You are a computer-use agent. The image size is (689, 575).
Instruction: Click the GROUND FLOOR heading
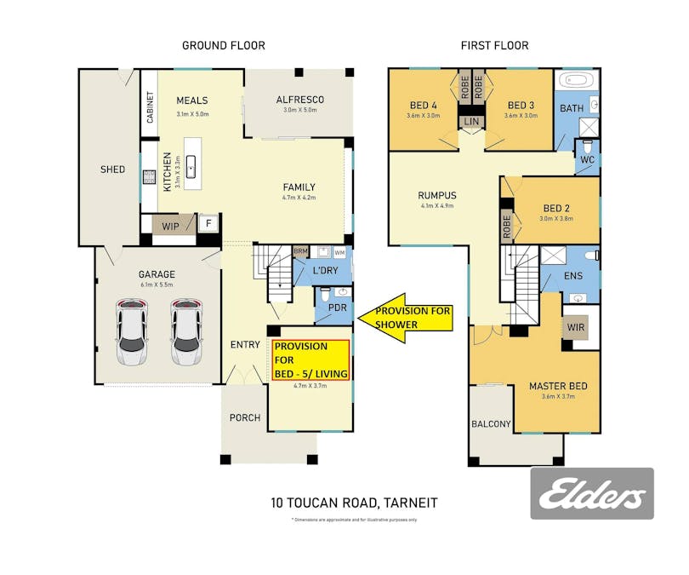click(x=224, y=45)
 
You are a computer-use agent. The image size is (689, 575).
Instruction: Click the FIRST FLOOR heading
click(x=495, y=45)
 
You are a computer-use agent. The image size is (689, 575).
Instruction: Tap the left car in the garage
click(x=132, y=331)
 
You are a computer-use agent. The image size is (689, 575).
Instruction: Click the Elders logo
click(x=592, y=494)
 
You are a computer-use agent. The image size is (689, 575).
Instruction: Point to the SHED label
click(x=112, y=170)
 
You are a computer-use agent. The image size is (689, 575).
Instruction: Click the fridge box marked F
click(x=208, y=225)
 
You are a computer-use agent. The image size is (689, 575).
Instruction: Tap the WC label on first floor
click(x=587, y=160)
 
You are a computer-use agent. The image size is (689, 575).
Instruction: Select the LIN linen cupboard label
click(x=471, y=123)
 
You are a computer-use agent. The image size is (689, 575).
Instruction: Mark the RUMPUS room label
click(x=437, y=194)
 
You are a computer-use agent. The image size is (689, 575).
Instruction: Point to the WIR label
click(x=576, y=325)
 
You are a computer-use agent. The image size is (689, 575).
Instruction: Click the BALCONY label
click(x=491, y=424)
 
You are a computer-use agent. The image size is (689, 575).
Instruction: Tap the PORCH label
click(x=243, y=417)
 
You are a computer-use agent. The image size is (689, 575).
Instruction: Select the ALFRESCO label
click(x=299, y=100)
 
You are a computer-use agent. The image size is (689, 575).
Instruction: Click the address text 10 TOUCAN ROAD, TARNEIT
click(x=354, y=503)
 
